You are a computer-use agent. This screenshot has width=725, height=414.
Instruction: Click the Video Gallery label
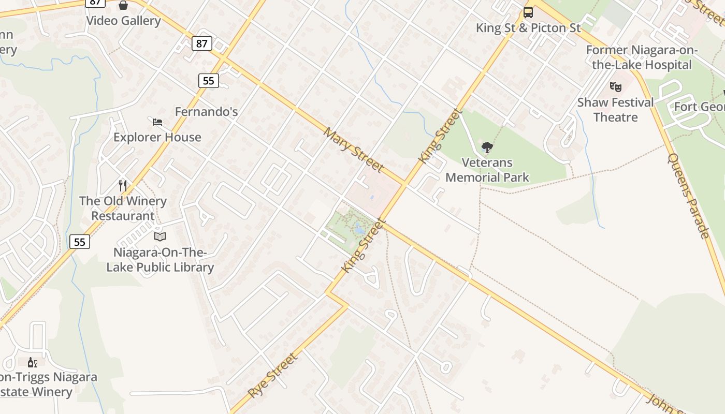[123, 21]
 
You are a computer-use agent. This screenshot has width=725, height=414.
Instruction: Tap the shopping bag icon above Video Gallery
[123, 5]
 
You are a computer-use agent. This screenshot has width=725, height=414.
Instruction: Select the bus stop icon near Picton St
[528, 12]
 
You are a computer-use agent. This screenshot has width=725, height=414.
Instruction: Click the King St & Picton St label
[528, 28]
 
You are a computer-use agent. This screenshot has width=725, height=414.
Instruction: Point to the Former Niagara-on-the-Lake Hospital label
[642, 57]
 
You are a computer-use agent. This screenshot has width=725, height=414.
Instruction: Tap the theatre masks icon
[615, 87]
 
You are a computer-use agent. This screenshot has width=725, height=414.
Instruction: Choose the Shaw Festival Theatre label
[615, 110]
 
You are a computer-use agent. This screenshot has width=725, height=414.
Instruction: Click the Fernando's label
[206, 111]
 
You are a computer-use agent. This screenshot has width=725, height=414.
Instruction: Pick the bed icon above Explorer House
[157, 122]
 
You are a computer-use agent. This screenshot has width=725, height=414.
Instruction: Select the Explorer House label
[157, 137]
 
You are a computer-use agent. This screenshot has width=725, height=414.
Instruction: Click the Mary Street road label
[354, 150]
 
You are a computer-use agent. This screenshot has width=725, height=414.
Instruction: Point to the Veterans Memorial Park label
[487, 170]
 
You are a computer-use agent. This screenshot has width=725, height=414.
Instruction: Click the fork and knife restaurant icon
[123, 186]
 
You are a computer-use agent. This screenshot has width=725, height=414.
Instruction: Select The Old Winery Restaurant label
[123, 209]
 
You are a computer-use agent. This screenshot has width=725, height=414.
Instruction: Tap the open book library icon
[160, 237]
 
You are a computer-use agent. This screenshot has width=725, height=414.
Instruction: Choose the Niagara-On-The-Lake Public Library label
[160, 260]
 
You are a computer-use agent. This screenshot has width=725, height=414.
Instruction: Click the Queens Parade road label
[688, 196]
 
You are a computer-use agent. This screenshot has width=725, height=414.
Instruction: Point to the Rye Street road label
[273, 375]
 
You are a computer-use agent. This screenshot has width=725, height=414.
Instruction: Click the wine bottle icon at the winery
[32, 362]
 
